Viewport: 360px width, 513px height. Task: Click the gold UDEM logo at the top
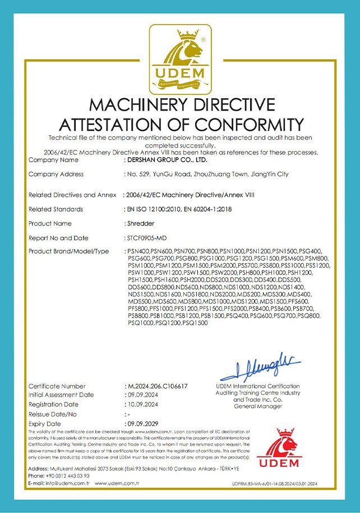click(x=180, y=58)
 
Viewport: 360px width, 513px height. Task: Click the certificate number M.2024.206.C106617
click(x=158, y=386)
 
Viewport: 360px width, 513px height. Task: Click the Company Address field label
click(x=56, y=175)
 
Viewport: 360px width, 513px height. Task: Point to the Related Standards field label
click(x=56, y=209)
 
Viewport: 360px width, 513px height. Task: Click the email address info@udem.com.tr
click(x=61, y=483)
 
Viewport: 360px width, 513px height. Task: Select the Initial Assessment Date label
click(x=61, y=395)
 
